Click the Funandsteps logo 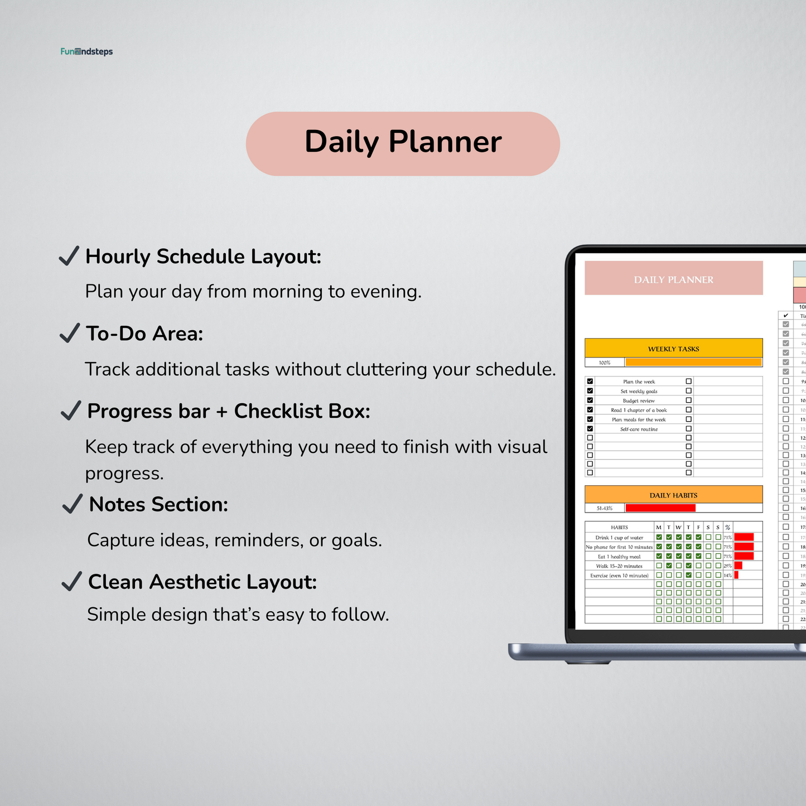point(86,52)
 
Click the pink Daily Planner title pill point(403,143)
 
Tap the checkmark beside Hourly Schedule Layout point(69,257)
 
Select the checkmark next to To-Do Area point(70,334)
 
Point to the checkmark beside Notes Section point(73,504)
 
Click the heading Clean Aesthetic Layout point(202,582)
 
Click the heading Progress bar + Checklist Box point(229,411)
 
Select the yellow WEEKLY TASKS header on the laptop point(673,349)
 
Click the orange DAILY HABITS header point(673,495)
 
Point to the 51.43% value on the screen point(605,508)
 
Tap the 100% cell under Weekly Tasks point(605,363)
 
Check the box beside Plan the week point(590,382)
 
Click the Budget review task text point(639,400)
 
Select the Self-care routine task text point(639,429)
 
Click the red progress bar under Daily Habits point(660,508)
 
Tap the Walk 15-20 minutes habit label point(619,566)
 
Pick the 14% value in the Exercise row point(727,575)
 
